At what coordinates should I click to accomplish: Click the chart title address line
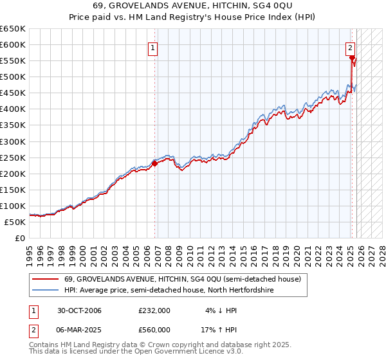click(193, 6)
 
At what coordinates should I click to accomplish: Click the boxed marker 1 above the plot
click(153, 47)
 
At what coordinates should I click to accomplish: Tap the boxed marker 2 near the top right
click(350, 47)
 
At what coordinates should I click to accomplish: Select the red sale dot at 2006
click(155, 163)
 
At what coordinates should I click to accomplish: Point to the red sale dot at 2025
click(352, 58)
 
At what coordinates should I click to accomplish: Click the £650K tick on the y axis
click(13, 29)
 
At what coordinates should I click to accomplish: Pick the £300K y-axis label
click(13, 141)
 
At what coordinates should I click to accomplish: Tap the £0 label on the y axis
click(19, 238)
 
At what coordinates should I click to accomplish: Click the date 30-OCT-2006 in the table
click(79, 310)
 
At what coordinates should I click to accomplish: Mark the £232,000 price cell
click(154, 310)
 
